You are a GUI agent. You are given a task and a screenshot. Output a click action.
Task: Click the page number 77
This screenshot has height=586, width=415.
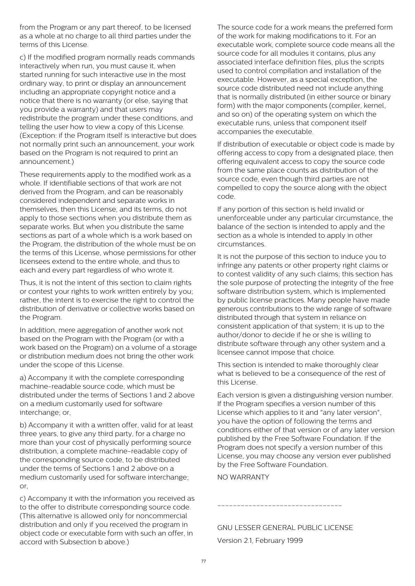203,561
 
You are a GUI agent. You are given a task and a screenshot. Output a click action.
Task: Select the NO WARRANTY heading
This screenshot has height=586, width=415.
243,477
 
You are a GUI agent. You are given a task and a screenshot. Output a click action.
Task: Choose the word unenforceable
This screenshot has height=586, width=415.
240,218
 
